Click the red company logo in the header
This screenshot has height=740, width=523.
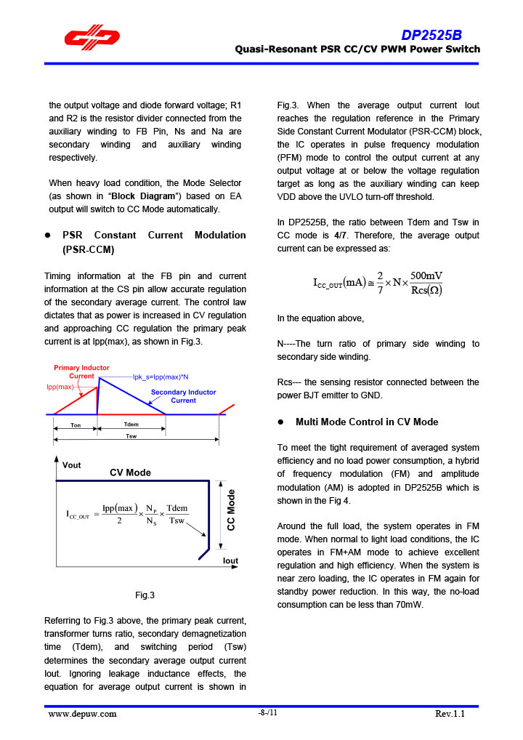click(x=92, y=38)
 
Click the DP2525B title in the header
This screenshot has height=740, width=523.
click(x=431, y=35)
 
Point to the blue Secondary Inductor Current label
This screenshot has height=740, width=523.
click(x=183, y=396)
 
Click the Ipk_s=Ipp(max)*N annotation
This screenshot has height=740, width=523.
click(x=161, y=377)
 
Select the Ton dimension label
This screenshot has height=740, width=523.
click(x=76, y=425)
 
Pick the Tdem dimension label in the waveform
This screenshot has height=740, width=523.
click(x=131, y=425)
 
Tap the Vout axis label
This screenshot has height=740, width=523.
click(x=72, y=465)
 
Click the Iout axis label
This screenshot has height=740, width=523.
click(x=230, y=561)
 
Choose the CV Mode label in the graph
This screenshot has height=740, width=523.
click(x=131, y=472)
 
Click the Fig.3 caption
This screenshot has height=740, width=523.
click(x=145, y=595)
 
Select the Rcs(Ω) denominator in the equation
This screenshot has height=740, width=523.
click(x=426, y=291)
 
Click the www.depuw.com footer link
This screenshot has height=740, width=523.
click(x=82, y=714)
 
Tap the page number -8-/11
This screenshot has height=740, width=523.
click(x=267, y=713)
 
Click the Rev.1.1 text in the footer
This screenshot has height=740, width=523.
click(x=450, y=714)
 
